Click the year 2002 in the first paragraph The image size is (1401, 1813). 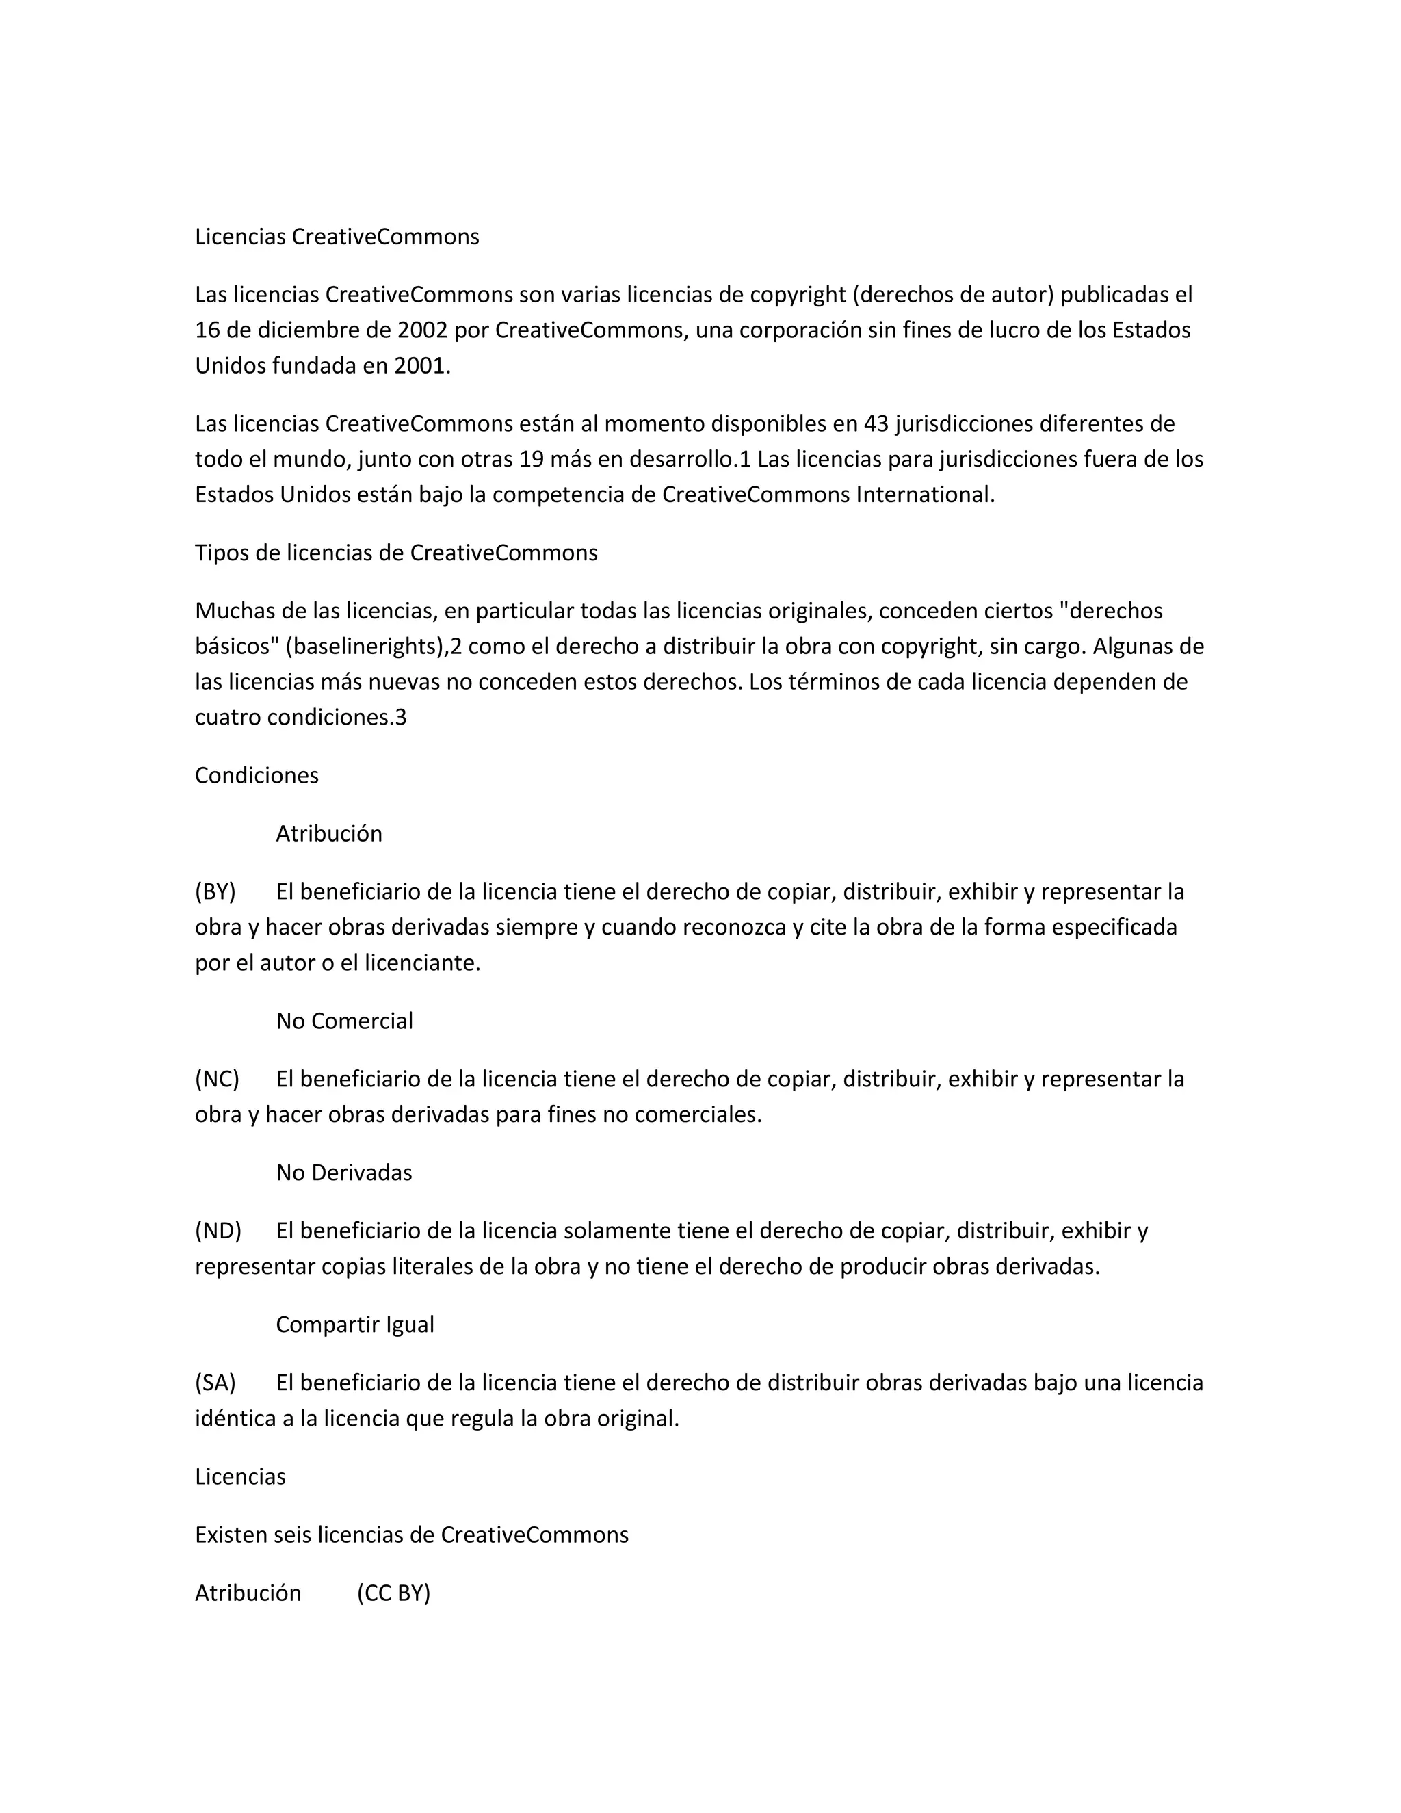(423, 330)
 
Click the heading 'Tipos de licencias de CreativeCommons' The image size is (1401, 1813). (396, 553)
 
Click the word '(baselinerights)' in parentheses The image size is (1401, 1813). (366, 647)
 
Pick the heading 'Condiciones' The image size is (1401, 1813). (257, 775)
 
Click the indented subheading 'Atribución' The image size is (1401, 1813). (328, 833)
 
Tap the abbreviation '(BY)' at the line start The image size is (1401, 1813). (215, 891)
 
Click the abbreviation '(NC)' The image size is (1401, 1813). (217, 1079)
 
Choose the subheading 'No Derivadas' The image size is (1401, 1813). (343, 1173)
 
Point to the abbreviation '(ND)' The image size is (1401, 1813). (218, 1230)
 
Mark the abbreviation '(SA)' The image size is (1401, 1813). (215, 1383)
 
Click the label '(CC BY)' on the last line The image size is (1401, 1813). (393, 1593)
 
